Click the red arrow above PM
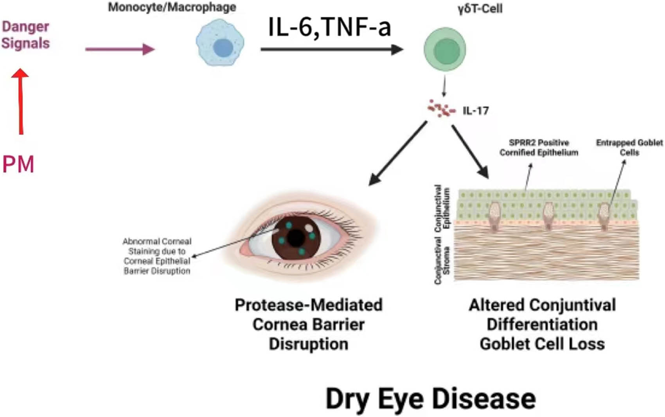(20, 101)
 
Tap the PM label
(18, 164)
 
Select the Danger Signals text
(25, 35)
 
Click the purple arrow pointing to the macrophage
(120, 49)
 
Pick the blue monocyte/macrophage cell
(220, 43)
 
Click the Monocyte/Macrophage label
(172, 7)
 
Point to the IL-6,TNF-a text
(329, 27)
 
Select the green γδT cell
(445, 49)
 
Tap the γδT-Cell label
(480, 9)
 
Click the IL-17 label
(476, 111)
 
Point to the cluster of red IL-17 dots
(441, 108)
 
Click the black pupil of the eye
(296, 238)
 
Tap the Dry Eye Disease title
(431, 399)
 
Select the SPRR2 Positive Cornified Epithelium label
(539, 148)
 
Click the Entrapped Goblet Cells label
(629, 148)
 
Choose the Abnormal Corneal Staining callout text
(157, 256)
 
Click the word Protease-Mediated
(309, 305)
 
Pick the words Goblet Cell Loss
(542, 344)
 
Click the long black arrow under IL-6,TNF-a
(332, 49)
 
